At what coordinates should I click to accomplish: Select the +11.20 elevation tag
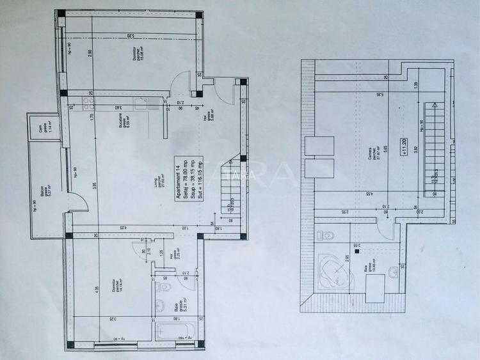click(x=404, y=146)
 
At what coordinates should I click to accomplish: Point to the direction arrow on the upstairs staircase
click(x=433, y=106)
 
